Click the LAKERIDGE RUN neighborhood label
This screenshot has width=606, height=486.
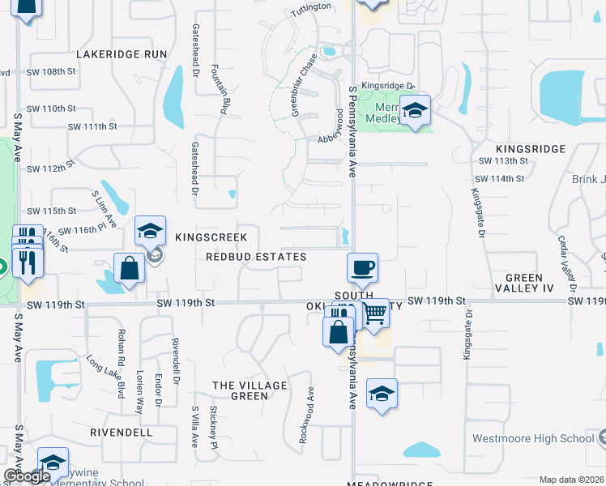[x=122, y=54]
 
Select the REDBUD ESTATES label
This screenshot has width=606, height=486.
[x=256, y=257]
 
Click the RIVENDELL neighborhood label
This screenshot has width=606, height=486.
[x=122, y=433]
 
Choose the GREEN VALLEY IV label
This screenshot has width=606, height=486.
[x=523, y=283]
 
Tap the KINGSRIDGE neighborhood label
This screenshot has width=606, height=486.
[x=530, y=150]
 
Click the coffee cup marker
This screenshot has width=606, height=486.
[x=362, y=266]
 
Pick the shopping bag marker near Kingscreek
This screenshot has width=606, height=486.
[x=129, y=267]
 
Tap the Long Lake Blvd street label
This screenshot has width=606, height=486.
[x=107, y=377]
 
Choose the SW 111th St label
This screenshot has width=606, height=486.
[x=93, y=127]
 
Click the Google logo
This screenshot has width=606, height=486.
[x=27, y=477]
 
